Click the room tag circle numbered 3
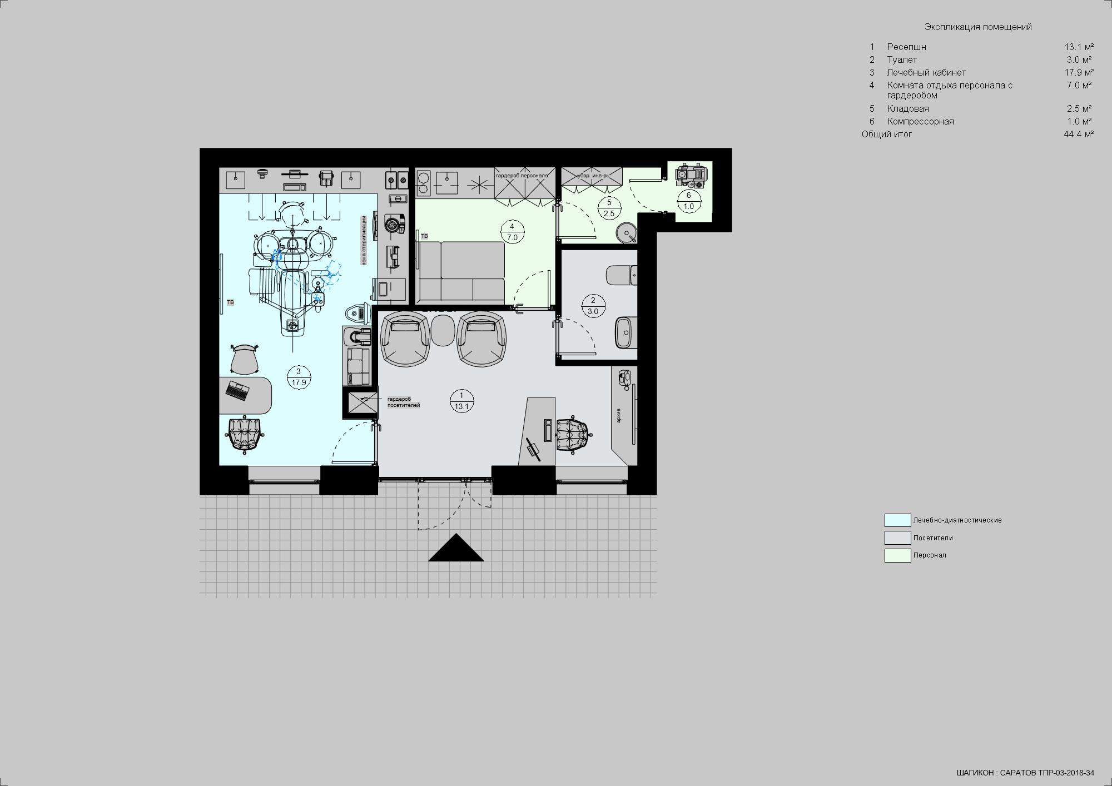(299, 377)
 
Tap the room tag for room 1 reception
(461, 401)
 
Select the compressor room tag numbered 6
(689, 201)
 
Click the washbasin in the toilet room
(626, 332)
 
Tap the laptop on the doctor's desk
(238, 391)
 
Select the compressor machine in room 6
(690, 175)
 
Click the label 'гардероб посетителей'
(404, 402)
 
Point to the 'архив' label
(618, 415)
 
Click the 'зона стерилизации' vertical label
(364, 240)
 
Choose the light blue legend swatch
(897, 520)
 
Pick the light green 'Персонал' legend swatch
(897, 555)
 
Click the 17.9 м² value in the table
(1079, 72)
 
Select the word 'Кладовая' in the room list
(908, 108)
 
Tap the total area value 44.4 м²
(1079, 134)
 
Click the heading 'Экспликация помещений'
(978, 27)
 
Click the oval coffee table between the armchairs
(443, 330)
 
